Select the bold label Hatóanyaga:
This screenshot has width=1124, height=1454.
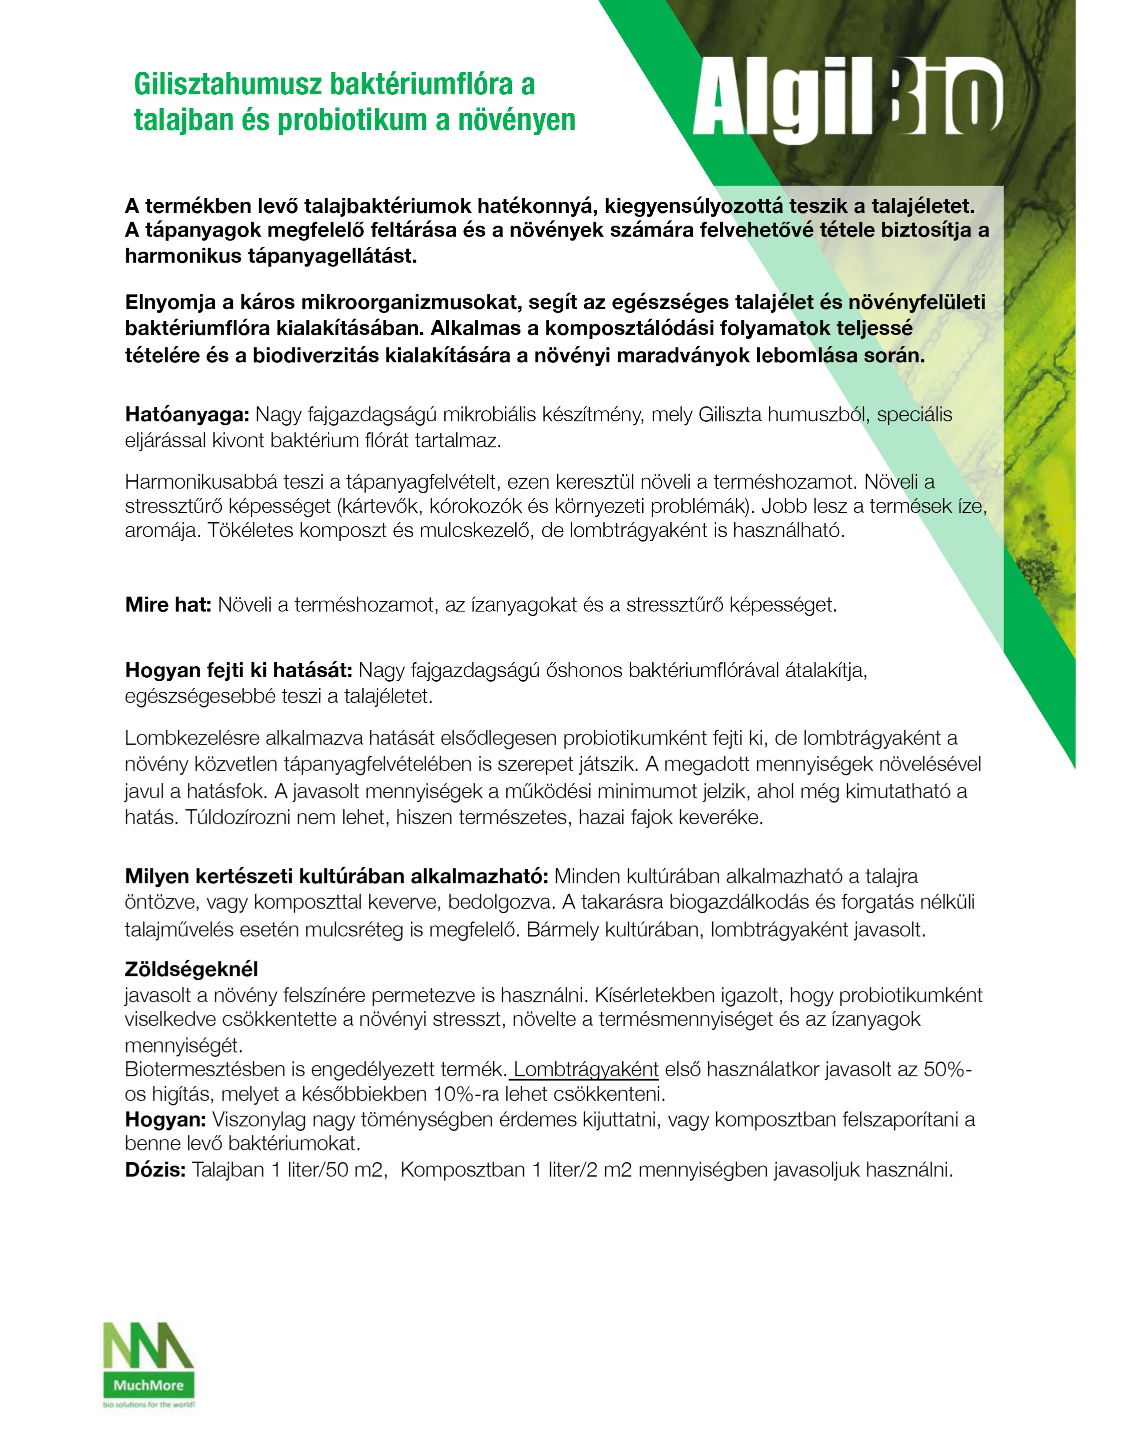point(187,415)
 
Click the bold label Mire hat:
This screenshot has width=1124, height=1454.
point(168,605)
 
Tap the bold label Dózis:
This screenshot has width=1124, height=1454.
point(155,1170)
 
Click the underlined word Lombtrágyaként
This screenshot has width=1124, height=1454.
point(586,1069)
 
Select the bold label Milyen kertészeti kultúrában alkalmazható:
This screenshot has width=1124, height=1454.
point(336,877)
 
